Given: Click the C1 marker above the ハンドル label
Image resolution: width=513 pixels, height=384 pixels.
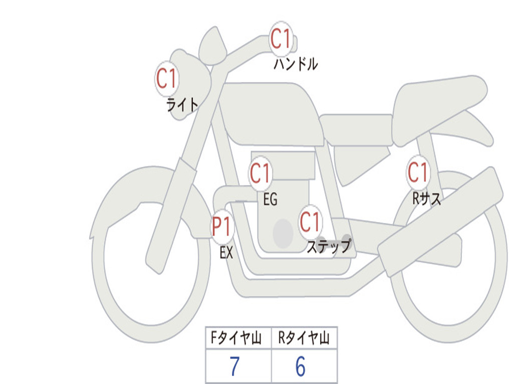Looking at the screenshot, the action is click(281, 38).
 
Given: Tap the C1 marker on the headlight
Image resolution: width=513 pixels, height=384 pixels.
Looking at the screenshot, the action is click(167, 78).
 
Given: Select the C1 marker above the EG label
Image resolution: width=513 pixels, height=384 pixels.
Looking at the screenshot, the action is click(261, 173).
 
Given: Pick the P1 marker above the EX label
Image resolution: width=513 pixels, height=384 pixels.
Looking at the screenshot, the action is click(222, 226).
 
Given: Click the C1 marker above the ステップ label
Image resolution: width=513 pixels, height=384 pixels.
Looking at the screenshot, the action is click(310, 222).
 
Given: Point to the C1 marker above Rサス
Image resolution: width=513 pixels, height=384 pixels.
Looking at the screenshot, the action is click(418, 172).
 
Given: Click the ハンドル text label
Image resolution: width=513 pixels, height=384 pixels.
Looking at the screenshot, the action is click(296, 64).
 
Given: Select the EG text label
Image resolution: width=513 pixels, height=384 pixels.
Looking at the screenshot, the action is click(270, 199).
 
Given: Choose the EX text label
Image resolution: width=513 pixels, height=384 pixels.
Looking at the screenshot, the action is click(226, 252).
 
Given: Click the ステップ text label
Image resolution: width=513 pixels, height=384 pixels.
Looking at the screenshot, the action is click(329, 246).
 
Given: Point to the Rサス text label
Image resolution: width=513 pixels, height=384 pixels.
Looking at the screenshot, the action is click(426, 198).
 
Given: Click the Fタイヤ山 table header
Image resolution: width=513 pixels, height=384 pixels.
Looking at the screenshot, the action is click(236, 337).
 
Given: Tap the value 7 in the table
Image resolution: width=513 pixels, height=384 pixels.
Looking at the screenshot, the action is click(235, 366).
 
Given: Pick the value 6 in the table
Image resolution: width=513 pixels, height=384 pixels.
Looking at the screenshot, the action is click(301, 366).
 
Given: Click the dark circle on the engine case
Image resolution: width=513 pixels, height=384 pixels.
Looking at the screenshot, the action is click(283, 233).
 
